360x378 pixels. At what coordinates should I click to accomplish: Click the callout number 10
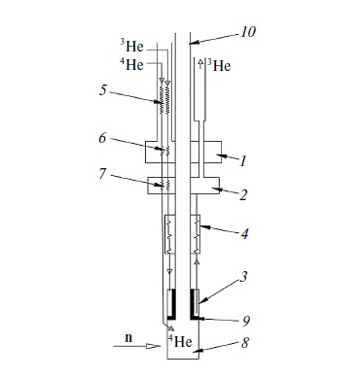point(248,32)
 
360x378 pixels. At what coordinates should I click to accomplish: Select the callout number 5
point(103,90)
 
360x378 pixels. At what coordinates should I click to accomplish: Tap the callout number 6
point(102,138)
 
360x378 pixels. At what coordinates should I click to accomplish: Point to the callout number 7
point(102,174)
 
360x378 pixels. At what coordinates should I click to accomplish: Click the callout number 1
point(243,161)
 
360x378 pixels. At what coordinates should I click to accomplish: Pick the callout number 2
point(243,195)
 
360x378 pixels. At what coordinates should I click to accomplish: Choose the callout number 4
point(245,233)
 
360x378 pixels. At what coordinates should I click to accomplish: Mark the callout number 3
point(243,277)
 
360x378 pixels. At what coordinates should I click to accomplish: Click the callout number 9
point(245,322)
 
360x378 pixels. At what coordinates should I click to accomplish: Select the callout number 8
point(245,343)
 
